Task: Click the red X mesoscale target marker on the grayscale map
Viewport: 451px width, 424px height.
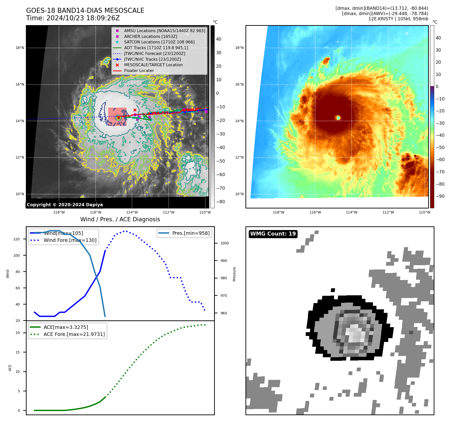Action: [135, 110]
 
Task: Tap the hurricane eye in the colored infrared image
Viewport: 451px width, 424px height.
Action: [338, 117]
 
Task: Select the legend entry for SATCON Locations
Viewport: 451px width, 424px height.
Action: [159, 42]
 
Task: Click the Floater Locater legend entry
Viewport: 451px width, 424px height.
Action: [139, 71]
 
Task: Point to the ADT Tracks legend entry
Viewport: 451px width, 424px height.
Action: [156, 48]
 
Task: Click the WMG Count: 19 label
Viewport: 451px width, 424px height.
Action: [273, 234]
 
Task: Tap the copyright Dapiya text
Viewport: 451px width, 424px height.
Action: [65, 205]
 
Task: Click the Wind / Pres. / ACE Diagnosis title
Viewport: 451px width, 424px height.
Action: [120, 219]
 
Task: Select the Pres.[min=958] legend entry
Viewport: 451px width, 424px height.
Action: [191, 233]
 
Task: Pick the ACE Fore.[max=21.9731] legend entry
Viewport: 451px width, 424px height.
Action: [74, 334]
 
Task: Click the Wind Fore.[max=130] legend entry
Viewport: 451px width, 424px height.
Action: [70, 240]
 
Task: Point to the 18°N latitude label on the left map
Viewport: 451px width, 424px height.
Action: [20, 48]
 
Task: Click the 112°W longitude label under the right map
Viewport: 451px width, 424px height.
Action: [388, 212]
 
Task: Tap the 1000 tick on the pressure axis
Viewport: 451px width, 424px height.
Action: [224, 243]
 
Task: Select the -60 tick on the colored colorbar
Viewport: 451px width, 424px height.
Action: [440, 160]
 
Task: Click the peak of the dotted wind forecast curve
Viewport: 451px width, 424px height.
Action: [126, 231]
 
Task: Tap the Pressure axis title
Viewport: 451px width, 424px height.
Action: [234, 274]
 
